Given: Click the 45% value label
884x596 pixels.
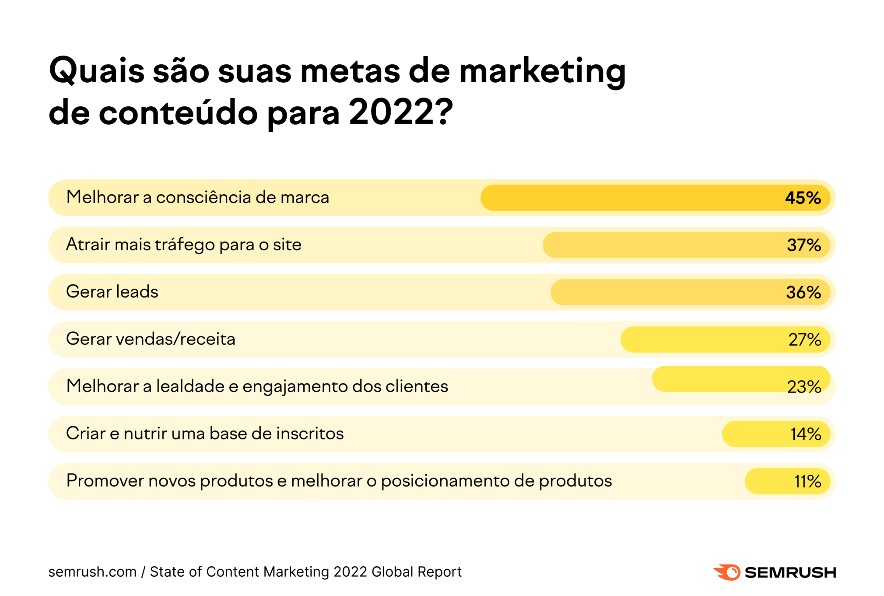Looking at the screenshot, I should point(803,198).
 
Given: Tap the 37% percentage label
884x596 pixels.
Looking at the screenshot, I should point(803,245).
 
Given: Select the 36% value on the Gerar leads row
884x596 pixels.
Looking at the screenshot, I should point(803,292).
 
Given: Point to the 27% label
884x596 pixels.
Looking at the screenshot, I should point(804,340).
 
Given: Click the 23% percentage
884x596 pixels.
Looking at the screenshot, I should point(803,387).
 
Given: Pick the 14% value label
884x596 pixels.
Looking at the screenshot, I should point(805,434).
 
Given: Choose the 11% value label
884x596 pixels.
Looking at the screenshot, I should point(807,481).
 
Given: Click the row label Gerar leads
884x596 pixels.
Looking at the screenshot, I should point(112,291).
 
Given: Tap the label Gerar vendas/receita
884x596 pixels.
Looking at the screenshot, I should point(151,339).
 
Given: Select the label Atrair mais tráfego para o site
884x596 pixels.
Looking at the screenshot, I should point(183,244).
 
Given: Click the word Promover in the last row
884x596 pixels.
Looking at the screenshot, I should point(105,480).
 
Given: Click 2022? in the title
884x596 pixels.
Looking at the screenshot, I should point(400,112).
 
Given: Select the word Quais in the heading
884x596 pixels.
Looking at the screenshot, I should point(97,71).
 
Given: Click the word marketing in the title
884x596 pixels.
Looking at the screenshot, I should point(542,71).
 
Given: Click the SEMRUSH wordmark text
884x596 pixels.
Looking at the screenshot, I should point(790,572).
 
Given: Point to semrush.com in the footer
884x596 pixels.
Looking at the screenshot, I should point(92,571).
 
